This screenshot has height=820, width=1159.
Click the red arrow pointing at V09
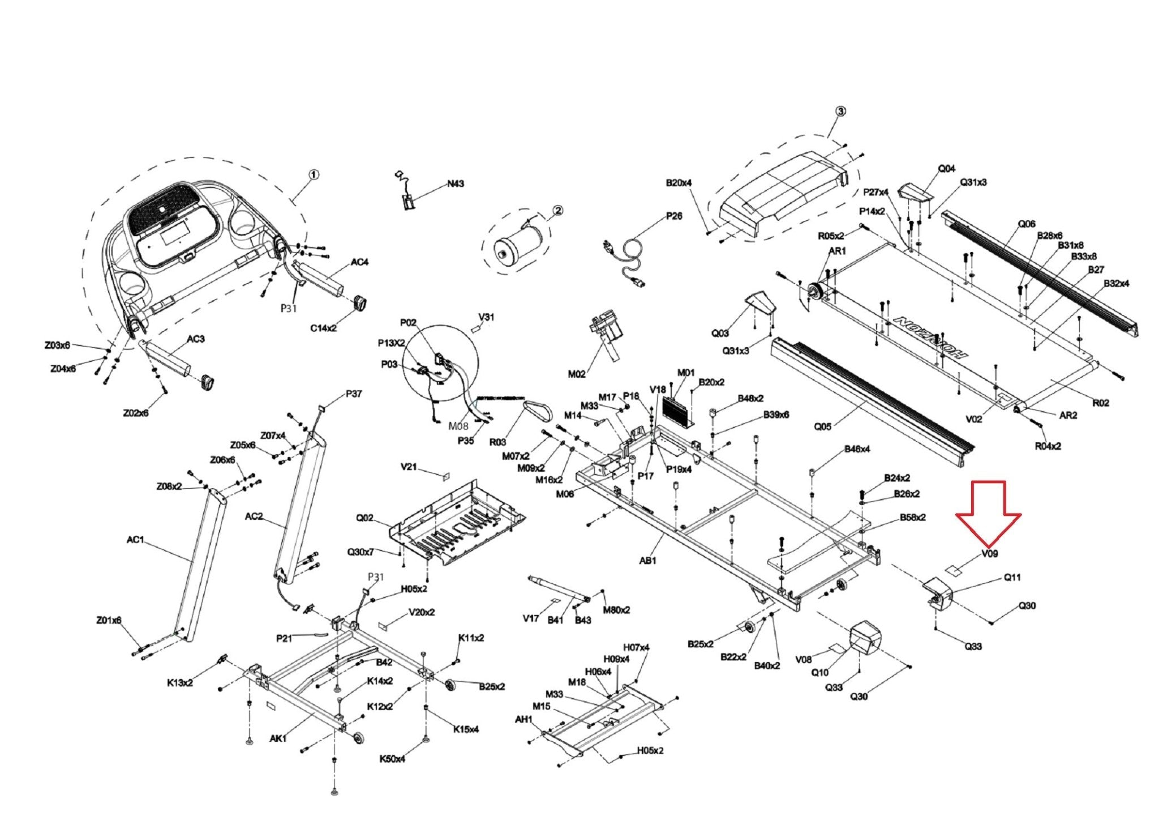988,512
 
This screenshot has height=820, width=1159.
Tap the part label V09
990,554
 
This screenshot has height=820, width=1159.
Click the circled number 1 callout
313,175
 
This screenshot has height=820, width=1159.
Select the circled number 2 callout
557,211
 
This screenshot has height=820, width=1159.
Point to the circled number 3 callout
840,112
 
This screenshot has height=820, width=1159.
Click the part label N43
456,183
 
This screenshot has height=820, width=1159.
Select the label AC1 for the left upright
135,540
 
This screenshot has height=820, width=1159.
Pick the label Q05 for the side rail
823,426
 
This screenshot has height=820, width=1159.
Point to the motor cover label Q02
364,518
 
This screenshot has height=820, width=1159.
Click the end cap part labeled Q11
938,594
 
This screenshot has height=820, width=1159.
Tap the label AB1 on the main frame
648,561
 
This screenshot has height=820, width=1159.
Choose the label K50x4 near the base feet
393,759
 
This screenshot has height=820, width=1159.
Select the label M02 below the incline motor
577,374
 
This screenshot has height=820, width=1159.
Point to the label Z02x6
136,413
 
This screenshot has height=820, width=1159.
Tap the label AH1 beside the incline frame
523,719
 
